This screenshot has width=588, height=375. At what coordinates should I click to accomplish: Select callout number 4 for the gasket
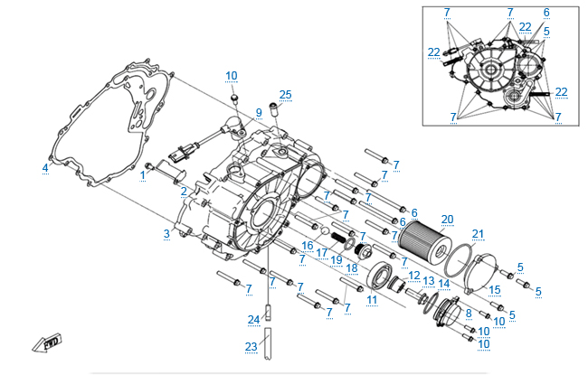tap(45, 168)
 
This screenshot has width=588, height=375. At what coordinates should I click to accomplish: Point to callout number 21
tap(478, 235)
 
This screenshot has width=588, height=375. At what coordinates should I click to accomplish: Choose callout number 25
tap(286, 95)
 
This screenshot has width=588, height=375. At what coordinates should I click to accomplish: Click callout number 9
tap(258, 113)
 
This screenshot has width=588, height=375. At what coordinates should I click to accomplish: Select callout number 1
tap(142, 175)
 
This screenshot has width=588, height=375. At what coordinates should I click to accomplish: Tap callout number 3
tap(166, 234)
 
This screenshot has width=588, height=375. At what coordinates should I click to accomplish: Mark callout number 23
tap(251, 346)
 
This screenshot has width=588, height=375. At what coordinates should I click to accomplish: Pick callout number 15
tap(494, 290)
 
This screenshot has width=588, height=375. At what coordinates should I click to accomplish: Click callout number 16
tap(308, 245)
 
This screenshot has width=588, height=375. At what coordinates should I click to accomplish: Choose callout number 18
tap(352, 268)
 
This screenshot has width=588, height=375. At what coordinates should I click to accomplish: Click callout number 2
tap(184, 192)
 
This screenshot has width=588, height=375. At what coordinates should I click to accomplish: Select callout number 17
tap(322, 252)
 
